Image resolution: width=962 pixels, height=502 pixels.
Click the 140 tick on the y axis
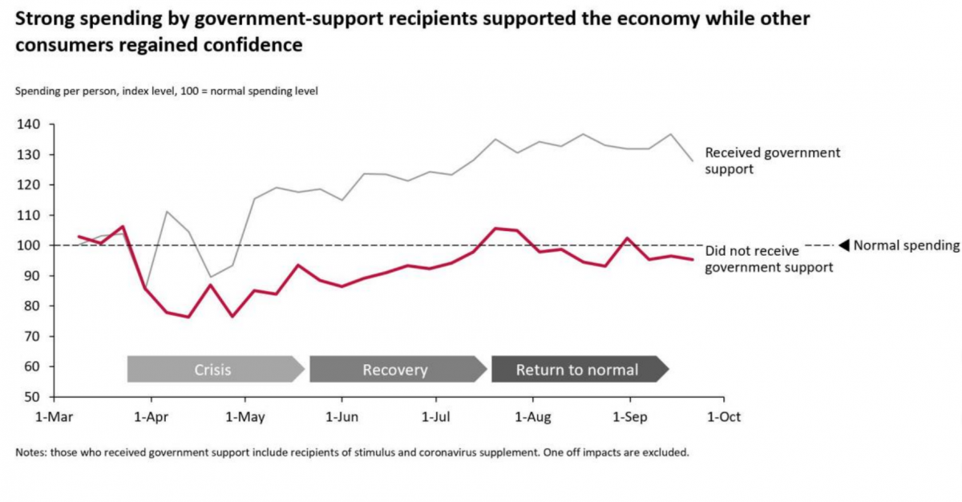click(x=30, y=124)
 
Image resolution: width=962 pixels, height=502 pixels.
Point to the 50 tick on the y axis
click(x=33, y=397)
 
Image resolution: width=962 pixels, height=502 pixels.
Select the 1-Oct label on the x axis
click(x=724, y=417)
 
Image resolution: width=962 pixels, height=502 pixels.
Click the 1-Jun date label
click(x=342, y=417)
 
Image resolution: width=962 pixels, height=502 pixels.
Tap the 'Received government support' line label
click(x=772, y=160)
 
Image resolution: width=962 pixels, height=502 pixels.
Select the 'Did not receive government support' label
click(x=768, y=259)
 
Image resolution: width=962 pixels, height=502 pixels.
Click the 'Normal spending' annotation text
click(x=906, y=245)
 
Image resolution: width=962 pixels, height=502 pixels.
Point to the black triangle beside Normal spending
click(x=843, y=245)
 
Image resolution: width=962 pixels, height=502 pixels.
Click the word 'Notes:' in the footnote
click(x=30, y=452)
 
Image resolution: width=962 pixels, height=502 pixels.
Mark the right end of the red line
click(x=693, y=259)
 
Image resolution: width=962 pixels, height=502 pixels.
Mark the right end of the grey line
click(x=693, y=161)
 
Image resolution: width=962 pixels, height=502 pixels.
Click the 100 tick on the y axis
click(x=30, y=245)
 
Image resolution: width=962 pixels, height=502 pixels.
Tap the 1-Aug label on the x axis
click(x=533, y=417)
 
